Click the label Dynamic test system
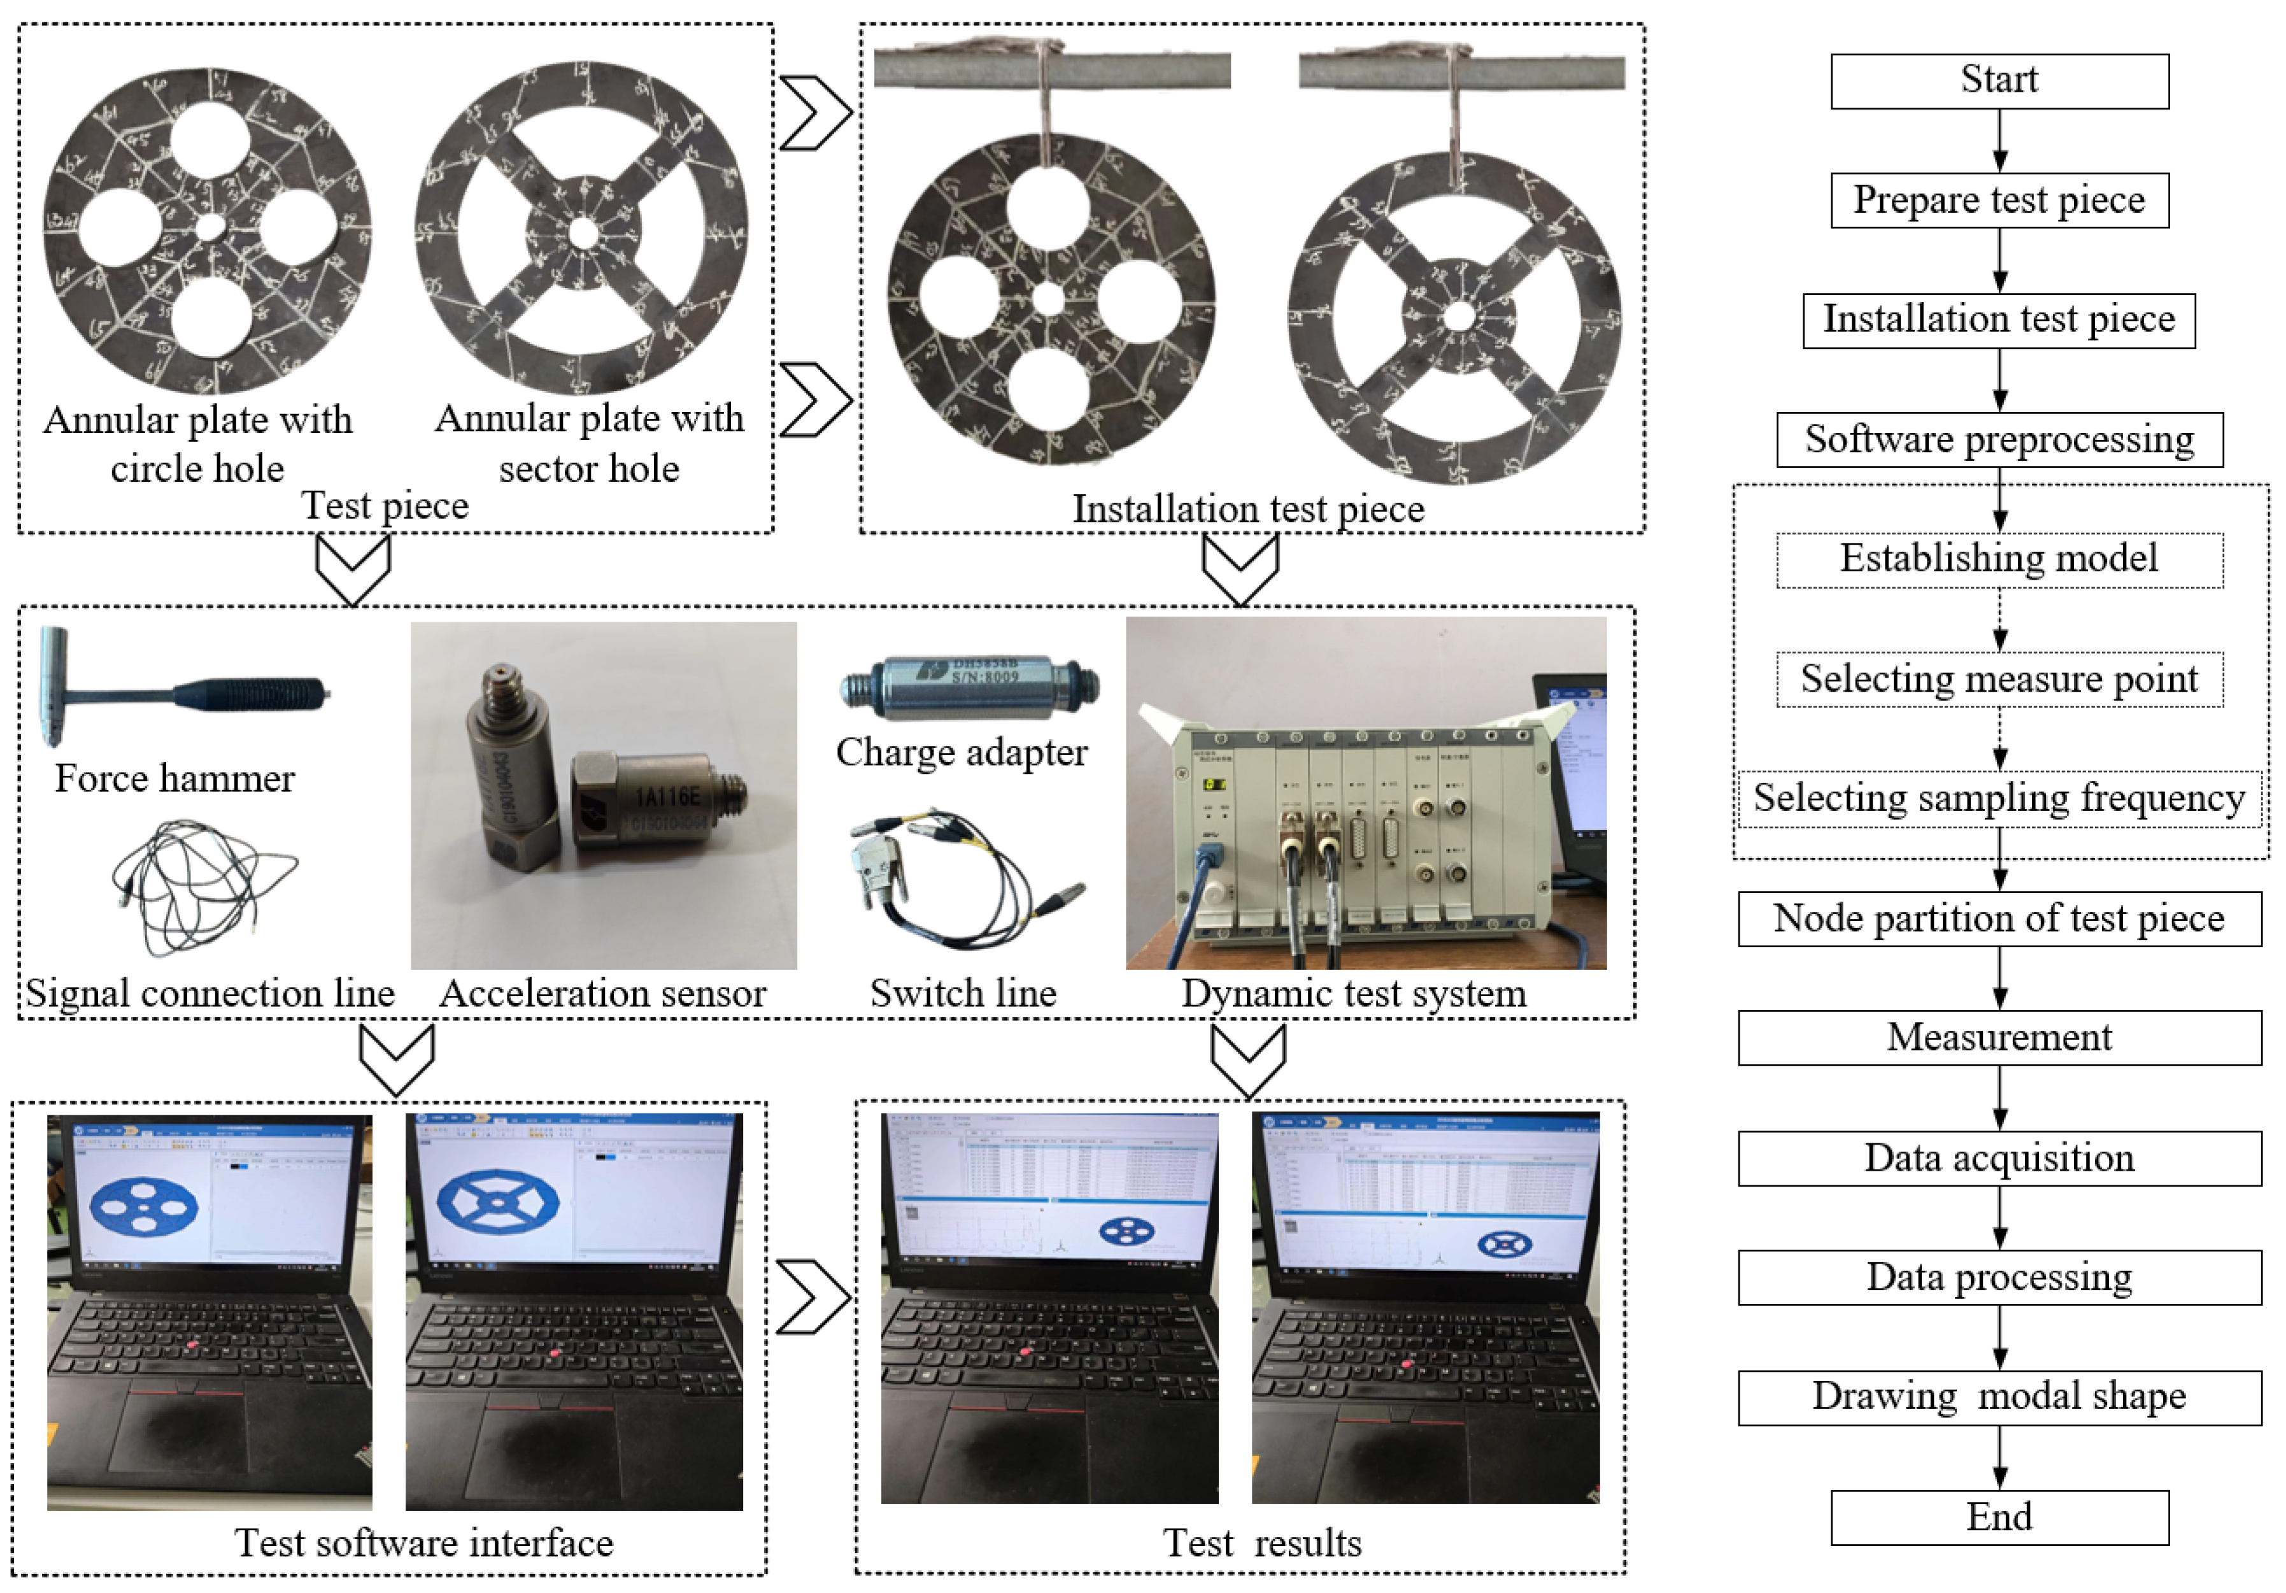pos(1353,994)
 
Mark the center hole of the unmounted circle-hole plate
pos(210,227)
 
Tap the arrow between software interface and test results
pos(811,1296)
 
